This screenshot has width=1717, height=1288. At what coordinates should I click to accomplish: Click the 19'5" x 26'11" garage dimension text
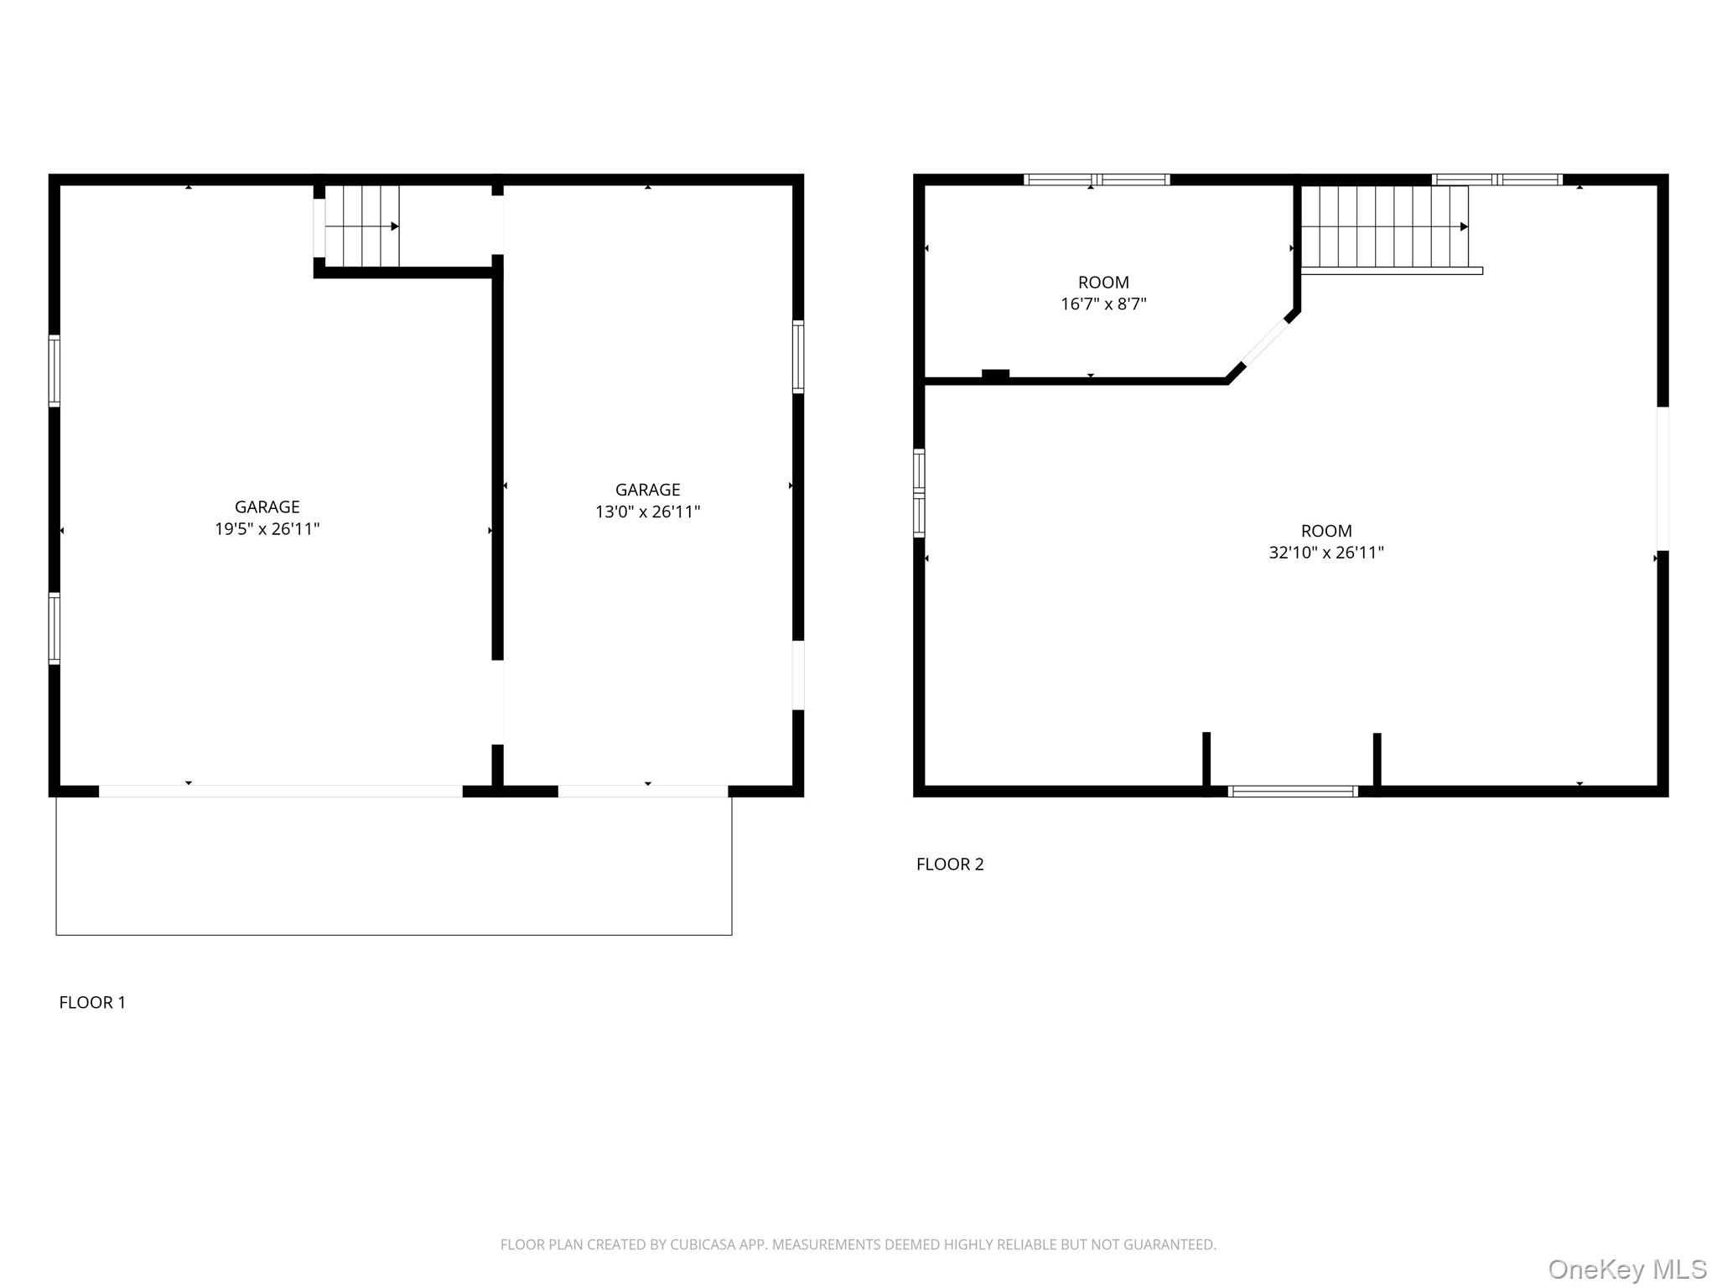[x=267, y=529]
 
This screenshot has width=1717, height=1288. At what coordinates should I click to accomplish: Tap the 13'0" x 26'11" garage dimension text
[x=647, y=512]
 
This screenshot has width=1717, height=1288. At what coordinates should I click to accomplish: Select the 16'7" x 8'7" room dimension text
[x=1102, y=304]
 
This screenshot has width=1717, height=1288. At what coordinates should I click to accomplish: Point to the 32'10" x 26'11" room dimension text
[x=1325, y=553]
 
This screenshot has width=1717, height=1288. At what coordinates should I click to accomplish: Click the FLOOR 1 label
[x=92, y=1002]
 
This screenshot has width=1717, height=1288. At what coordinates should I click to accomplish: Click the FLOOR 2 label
[x=949, y=864]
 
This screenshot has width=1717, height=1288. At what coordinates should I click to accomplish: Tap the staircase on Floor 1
[x=361, y=226]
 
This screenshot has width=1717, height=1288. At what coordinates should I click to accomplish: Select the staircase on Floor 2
[x=1384, y=226]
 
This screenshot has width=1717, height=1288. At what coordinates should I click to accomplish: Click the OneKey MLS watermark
[x=1626, y=1269]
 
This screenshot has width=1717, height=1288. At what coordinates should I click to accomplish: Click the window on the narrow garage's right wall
[x=798, y=356]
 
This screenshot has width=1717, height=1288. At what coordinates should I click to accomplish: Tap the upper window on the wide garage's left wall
[x=54, y=370]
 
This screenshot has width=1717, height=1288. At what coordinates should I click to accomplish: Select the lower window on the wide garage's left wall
[x=54, y=628]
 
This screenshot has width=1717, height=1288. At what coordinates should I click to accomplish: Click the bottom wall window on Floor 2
[x=1292, y=791]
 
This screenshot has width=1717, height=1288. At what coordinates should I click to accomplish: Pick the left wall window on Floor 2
[x=919, y=492]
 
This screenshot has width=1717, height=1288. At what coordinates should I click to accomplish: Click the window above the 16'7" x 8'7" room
[x=1096, y=179]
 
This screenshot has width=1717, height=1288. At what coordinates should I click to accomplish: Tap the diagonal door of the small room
[x=1264, y=342]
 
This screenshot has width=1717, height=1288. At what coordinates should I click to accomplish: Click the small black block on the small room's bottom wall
[x=995, y=375]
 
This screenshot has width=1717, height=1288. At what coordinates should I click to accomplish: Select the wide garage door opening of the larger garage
[x=280, y=791]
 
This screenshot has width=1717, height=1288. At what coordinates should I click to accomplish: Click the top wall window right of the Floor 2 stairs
[x=1497, y=179]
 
